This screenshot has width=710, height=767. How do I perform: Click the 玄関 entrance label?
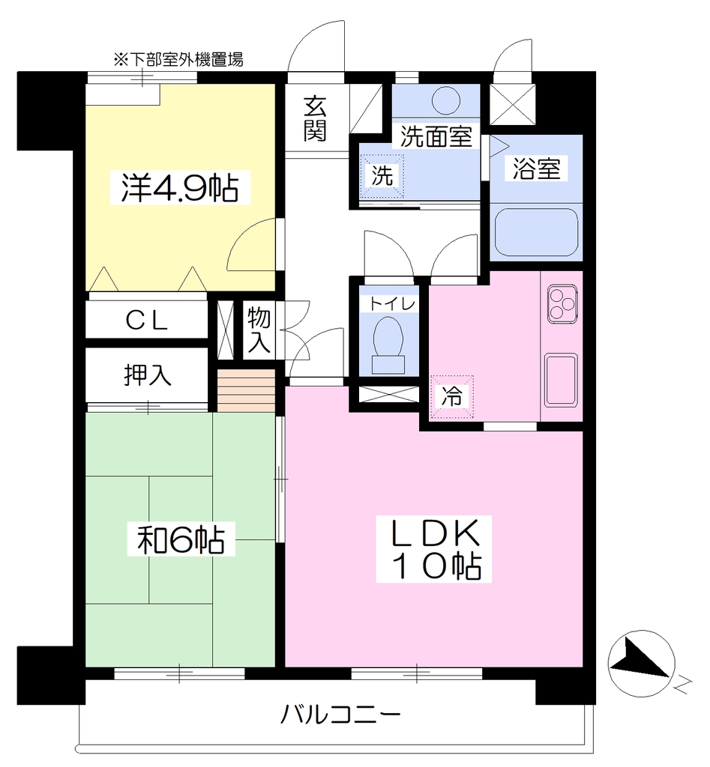[x=314, y=118]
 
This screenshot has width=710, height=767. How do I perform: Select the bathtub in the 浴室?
[x=535, y=232]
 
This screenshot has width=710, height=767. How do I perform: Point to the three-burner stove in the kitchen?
[x=562, y=304]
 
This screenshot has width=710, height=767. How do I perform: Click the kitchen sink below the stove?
[x=561, y=379]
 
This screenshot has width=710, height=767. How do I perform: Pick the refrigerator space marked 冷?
[x=451, y=397]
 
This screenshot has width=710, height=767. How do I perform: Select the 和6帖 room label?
[x=181, y=539]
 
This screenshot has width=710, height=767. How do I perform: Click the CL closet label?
[x=146, y=321]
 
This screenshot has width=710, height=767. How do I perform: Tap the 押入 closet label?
[x=147, y=375]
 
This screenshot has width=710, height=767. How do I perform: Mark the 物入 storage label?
[x=259, y=330]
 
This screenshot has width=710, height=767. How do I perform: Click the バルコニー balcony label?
[x=340, y=715]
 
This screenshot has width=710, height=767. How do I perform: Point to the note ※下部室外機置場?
[x=178, y=60]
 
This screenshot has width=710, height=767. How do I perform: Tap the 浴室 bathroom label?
[x=536, y=169]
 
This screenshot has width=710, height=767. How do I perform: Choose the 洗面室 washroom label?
[x=436, y=136]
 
